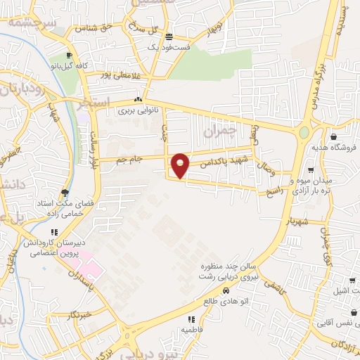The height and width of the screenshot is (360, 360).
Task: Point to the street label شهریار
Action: click(297, 220)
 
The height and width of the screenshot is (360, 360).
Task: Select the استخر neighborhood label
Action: click(95, 103)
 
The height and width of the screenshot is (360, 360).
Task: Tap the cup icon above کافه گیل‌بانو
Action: click(68, 56)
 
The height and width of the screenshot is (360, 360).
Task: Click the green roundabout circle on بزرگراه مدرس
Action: click(304, 132)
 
